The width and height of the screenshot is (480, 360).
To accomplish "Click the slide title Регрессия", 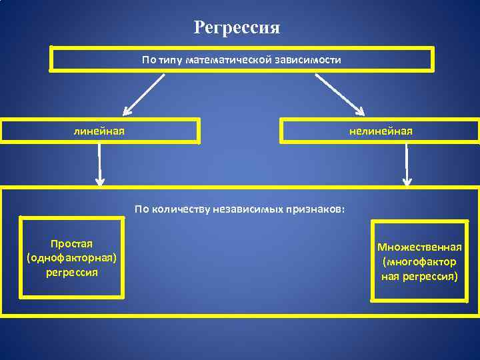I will coord(237,28).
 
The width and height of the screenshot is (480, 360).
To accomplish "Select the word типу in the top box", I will coord(171,60).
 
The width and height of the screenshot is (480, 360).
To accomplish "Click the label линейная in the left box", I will coord(99,131).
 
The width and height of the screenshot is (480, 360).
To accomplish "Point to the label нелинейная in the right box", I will coord(381,131).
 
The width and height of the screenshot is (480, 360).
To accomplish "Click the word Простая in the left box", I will coord(72,245).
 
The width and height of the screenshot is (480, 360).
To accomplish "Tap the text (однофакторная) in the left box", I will coord(72,259).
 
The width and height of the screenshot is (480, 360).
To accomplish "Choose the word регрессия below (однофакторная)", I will coord(72,273).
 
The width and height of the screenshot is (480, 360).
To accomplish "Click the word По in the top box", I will coord(149,60).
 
